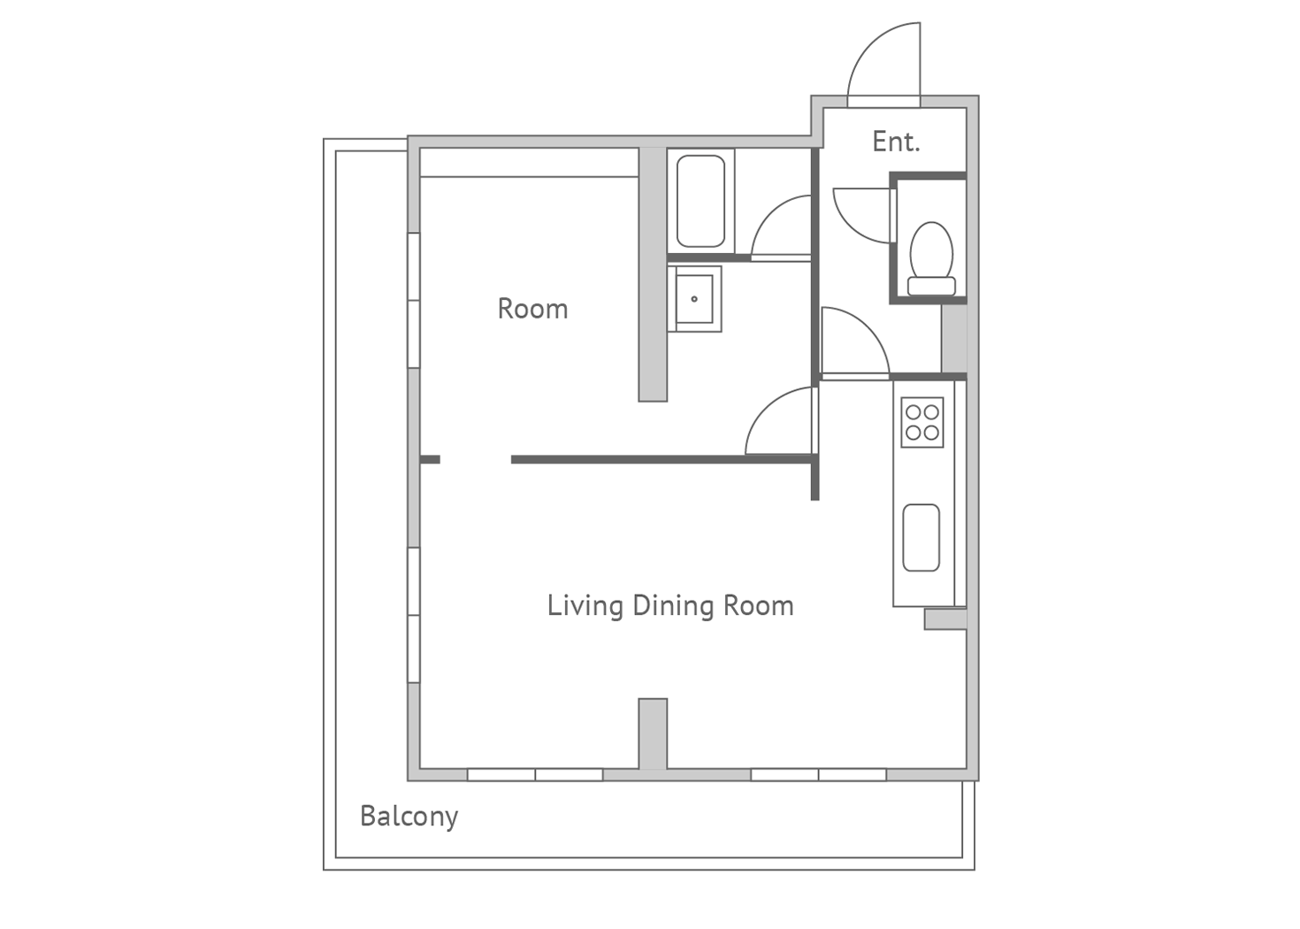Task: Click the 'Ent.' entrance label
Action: (896, 142)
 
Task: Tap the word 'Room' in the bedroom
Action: (532, 309)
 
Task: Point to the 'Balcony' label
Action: (409, 818)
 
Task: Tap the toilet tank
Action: (931, 286)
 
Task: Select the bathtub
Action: (700, 201)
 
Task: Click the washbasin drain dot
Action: (694, 299)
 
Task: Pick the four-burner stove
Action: (922, 422)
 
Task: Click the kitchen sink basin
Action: (921, 538)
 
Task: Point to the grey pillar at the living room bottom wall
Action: (653, 734)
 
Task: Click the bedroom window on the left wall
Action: (413, 300)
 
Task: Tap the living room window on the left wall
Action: (413, 615)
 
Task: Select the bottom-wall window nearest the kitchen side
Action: (818, 774)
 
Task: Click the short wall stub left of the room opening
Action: (430, 459)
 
